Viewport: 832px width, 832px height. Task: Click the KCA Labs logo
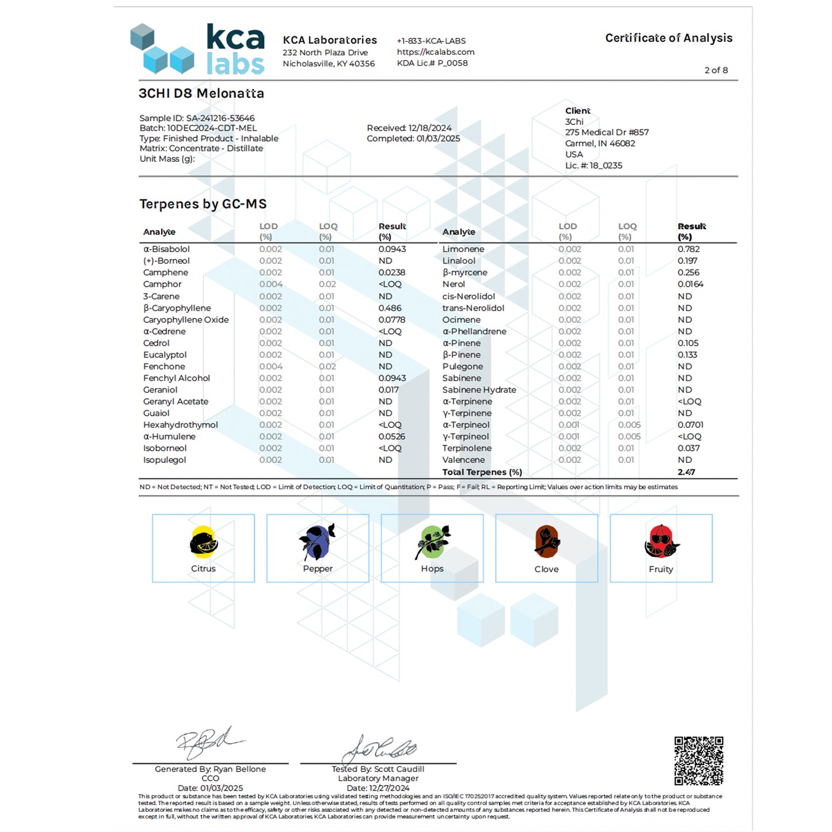pos(197,50)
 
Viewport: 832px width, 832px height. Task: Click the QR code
pos(698,760)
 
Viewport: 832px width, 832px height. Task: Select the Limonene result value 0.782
pos(689,249)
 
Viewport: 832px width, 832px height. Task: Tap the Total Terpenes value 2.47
pos(686,472)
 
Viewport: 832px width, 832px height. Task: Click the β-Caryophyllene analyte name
pos(177,308)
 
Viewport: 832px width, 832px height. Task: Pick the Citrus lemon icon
pos(203,542)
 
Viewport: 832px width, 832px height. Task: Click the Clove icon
pos(546,541)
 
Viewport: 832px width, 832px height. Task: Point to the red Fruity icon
pos(661,541)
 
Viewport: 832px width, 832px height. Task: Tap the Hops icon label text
pos(432,569)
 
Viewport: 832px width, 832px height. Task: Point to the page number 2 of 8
pos(716,70)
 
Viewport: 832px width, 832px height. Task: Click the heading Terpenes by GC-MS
pos(203,204)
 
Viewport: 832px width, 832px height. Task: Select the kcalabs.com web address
pos(435,52)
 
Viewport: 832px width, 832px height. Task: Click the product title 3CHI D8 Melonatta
pos(201,93)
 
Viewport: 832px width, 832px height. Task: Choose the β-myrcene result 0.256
pos(689,273)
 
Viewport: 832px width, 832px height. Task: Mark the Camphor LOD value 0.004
pos(271,284)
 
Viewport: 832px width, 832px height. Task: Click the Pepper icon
pos(317,541)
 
